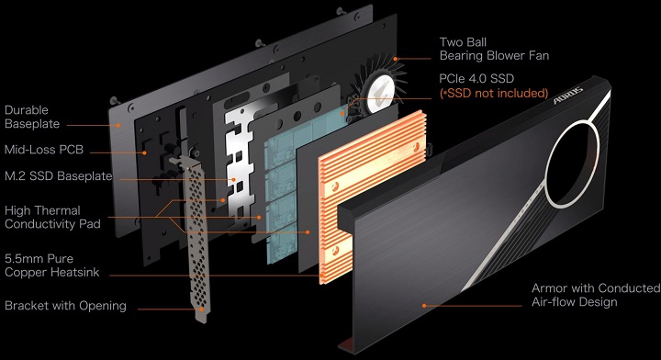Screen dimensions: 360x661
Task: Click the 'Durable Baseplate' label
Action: [x=33, y=116]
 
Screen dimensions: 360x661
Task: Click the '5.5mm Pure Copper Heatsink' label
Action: [x=58, y=264]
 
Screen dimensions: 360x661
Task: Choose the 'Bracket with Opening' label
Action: [x=65, y=306]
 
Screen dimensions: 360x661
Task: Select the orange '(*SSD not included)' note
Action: [x=493, y=93]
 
